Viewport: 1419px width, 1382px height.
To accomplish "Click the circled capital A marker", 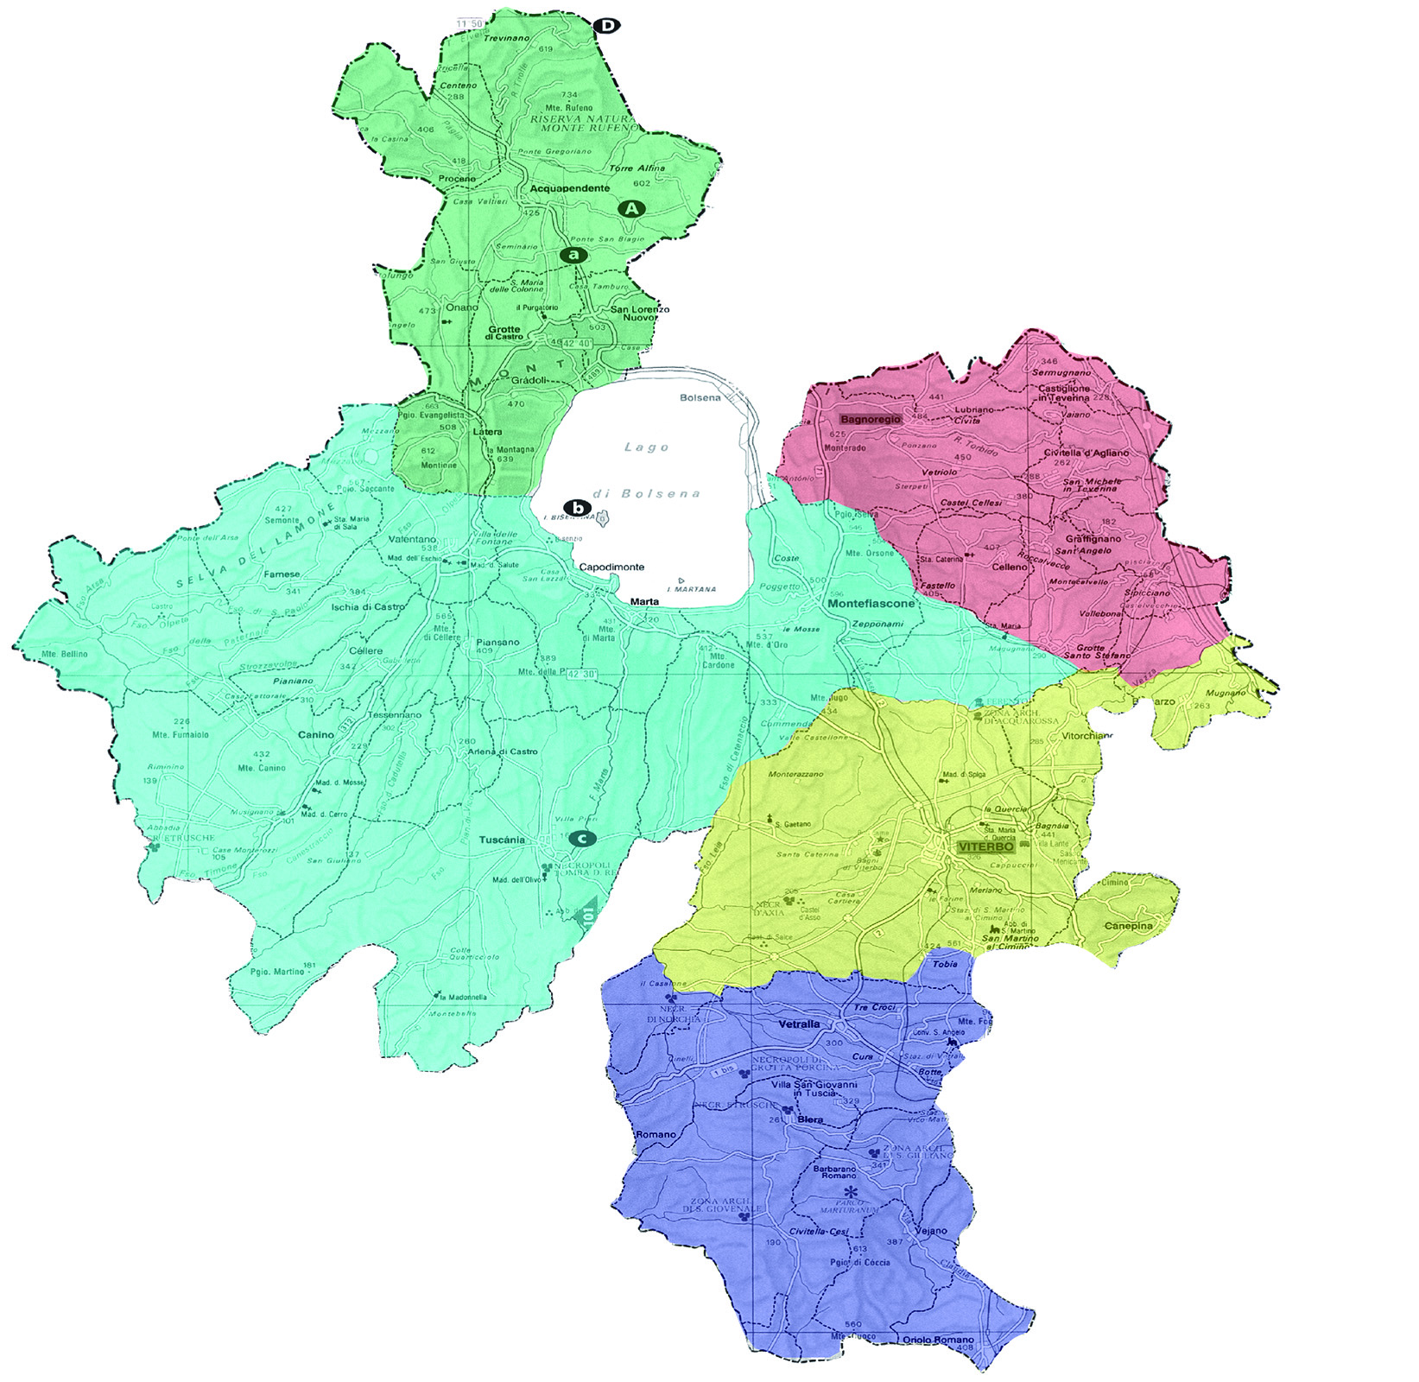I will click(x=632, y=208).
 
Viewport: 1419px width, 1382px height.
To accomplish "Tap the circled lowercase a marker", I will click(x=573, y=255).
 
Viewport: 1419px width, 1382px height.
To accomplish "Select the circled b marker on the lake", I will click(x=575, y=507).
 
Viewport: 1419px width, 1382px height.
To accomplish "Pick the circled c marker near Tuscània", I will click(x=584, y=838).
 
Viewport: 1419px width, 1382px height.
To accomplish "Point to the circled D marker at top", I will click(x=607, y=26).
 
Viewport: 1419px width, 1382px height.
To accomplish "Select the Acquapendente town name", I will click(x=570, y=188).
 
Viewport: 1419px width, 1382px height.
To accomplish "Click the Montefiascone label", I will click(x=871, y=605).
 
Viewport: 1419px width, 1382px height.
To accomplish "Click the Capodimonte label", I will click(x=611, y=567).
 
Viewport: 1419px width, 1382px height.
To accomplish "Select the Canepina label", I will click(x=1128, y=926).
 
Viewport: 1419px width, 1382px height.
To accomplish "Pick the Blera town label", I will click(x=808, y=1119).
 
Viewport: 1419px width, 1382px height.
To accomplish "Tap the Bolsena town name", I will click(x=700, y=398).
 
